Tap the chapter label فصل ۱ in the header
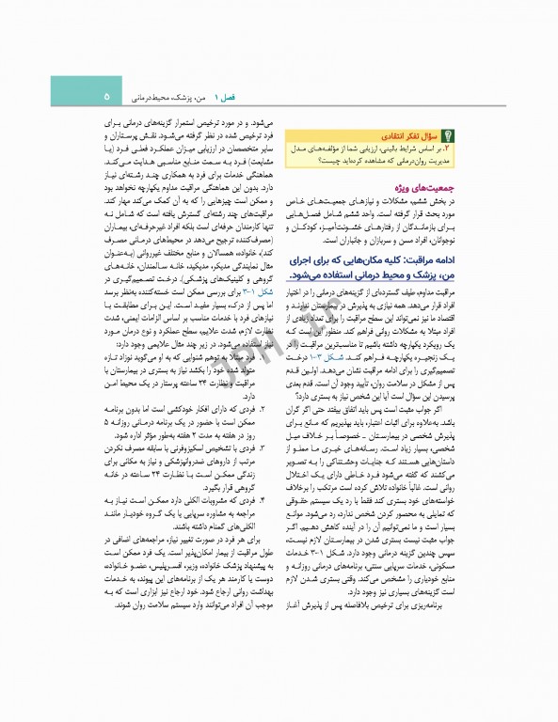(x=226, y=96)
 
